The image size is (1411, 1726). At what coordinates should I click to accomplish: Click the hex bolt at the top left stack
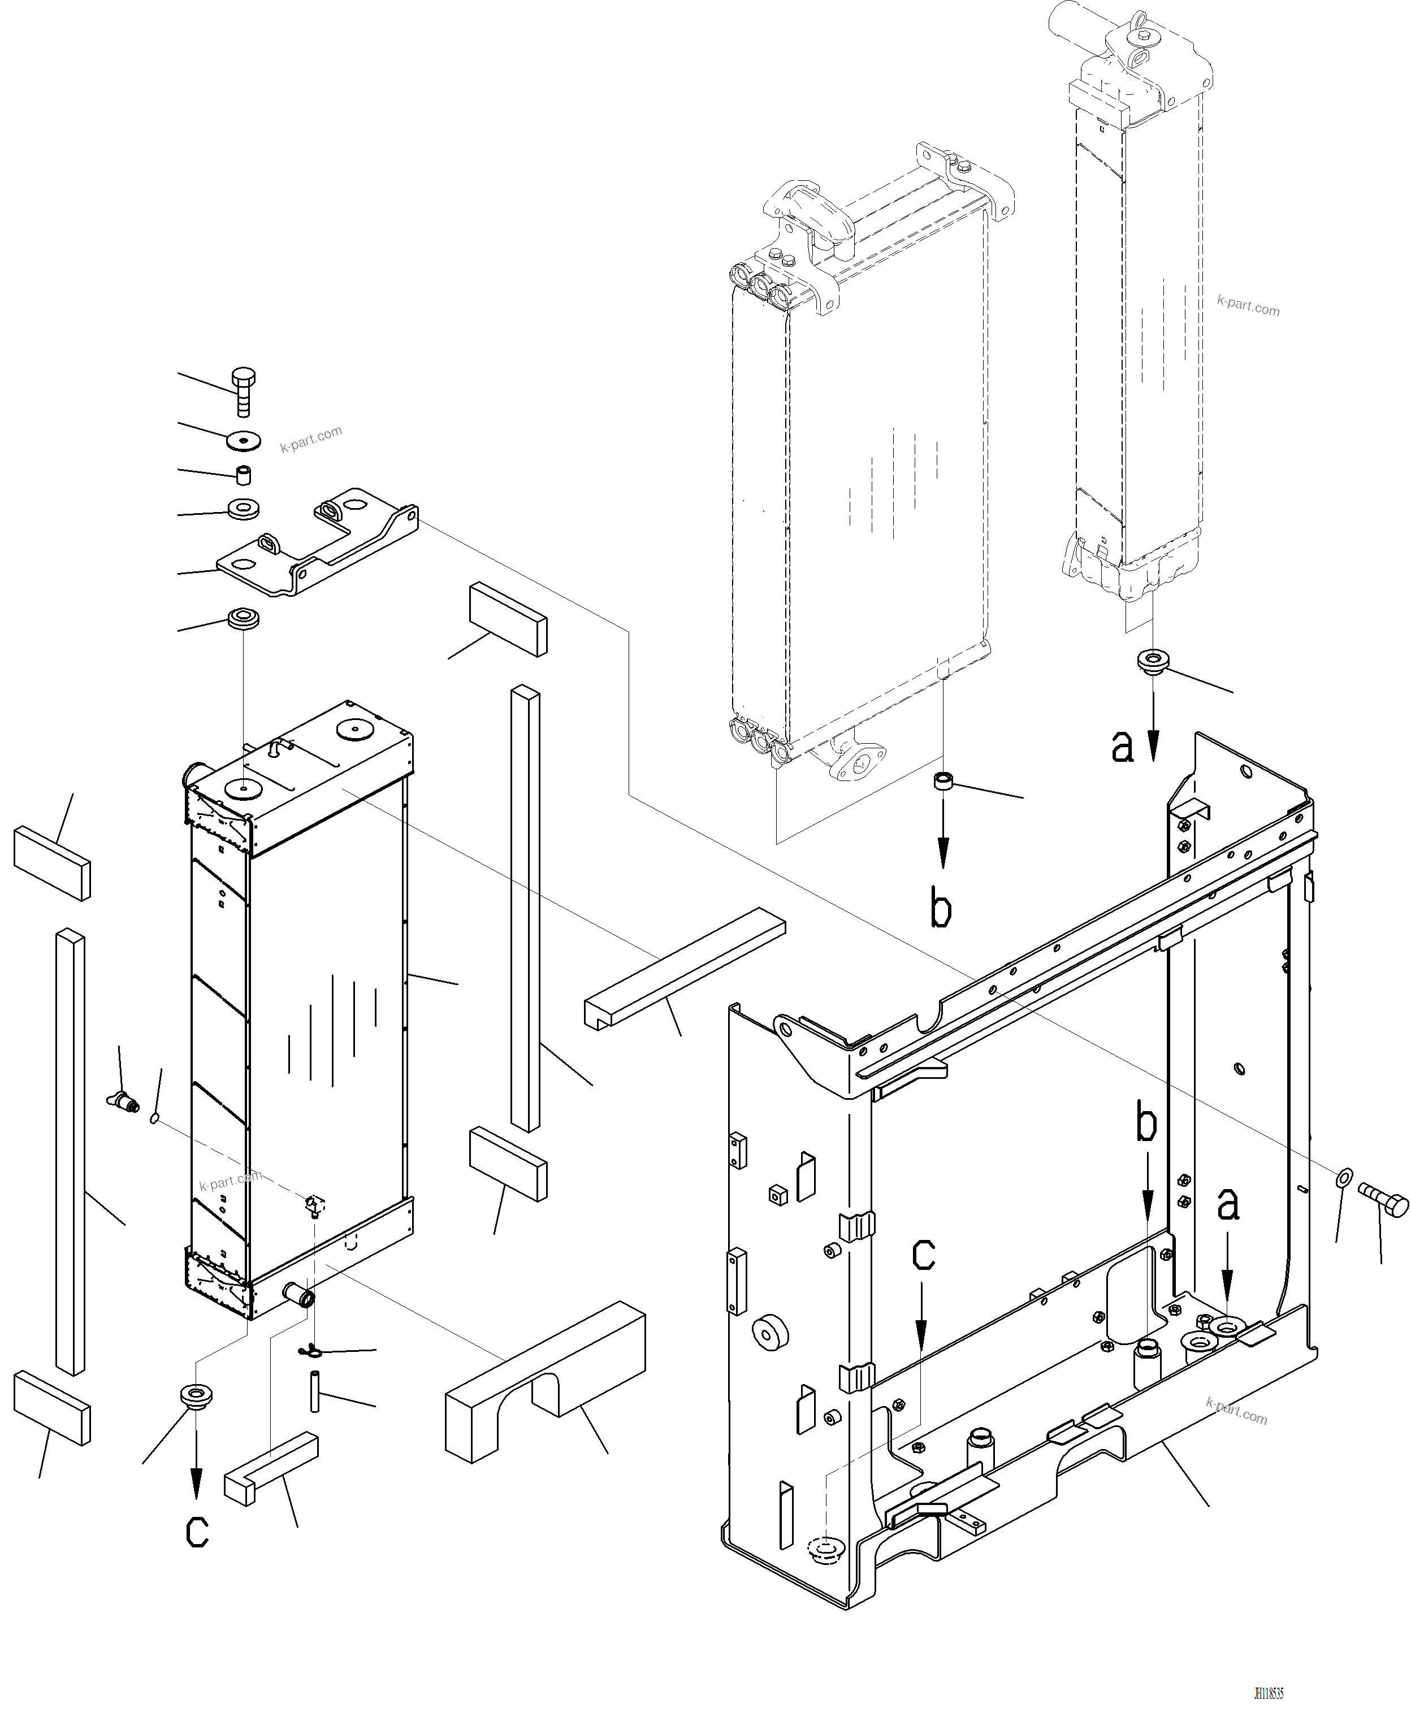pos(243,391)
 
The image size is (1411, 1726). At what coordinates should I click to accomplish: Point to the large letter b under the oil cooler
pos(941,910)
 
